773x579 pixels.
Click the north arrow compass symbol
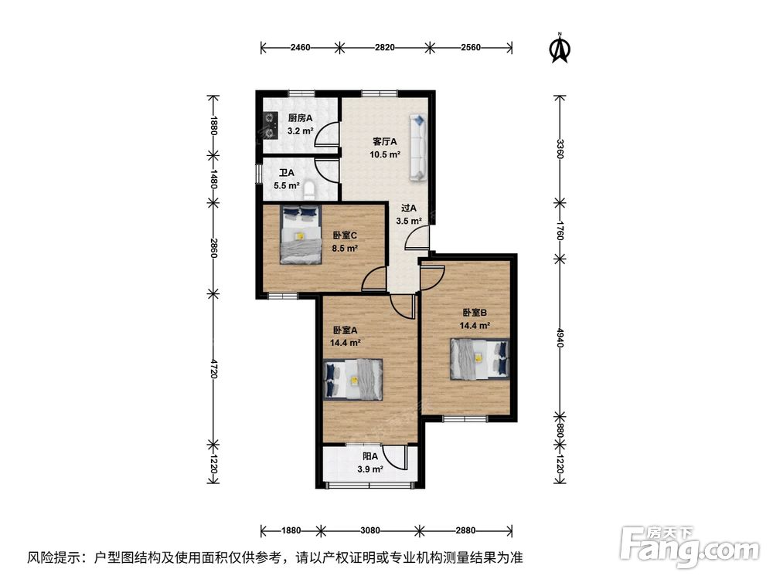coord(560,48)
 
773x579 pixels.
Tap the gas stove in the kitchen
coord(270,125)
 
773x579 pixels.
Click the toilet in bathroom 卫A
coord(310,190)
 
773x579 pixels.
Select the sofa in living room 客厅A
coord(418,147)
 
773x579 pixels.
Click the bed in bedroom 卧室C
coord(301,235)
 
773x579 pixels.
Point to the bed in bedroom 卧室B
coord(479,359)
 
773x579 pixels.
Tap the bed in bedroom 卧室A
coord(353,379)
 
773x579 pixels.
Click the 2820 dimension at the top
coord(384,47)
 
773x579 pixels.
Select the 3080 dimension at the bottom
coord(369,530)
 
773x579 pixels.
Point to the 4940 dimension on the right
coord(560,338)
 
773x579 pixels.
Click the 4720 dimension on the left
coord(213,369)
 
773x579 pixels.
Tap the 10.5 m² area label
coord(385,154)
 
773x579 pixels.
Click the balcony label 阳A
coord(370,456)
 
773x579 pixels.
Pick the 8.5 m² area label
coord(345,248)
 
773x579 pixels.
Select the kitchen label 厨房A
coord(300,118)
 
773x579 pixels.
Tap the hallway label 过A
coord(409,208)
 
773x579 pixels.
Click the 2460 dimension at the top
coord(300,47)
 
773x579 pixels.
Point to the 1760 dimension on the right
coord(560,230)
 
